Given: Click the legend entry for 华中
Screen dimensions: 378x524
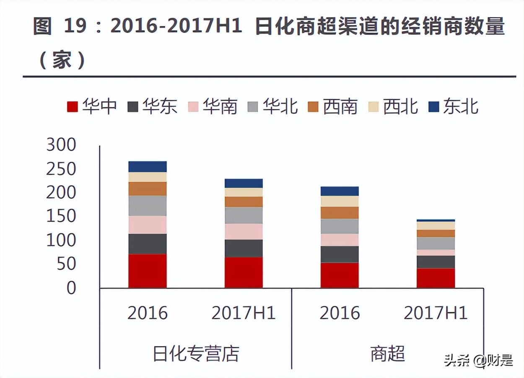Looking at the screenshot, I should point(92,106).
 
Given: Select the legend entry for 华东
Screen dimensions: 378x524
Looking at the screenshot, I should point(152,106).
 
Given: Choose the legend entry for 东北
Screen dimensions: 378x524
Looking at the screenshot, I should point(453,106).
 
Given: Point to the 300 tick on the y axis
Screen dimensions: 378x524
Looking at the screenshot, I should point(61,145).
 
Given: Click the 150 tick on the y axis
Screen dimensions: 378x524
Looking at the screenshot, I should point(61,216).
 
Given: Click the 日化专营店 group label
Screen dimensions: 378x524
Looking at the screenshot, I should point(196,353).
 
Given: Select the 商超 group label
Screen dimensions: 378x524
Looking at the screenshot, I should point(388,353).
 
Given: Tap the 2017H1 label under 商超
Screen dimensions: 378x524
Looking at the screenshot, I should point(436,313).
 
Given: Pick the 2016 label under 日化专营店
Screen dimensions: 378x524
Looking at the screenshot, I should point(148,313).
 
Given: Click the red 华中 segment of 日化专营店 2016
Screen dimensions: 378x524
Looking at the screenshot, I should point(148,271).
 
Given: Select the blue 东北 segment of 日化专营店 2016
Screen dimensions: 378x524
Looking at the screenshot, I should point(148,166).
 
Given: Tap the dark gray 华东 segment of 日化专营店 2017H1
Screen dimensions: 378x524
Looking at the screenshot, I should point(244,248).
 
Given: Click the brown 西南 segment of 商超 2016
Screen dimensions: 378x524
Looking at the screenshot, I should point(340,213).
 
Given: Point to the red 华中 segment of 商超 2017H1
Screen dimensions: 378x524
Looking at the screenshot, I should point(436,278).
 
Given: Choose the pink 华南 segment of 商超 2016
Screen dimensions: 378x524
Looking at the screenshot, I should point(340,240).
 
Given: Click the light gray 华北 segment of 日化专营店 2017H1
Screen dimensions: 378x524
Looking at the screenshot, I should point(244,215).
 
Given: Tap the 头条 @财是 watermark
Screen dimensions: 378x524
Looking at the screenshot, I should point(478,360).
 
